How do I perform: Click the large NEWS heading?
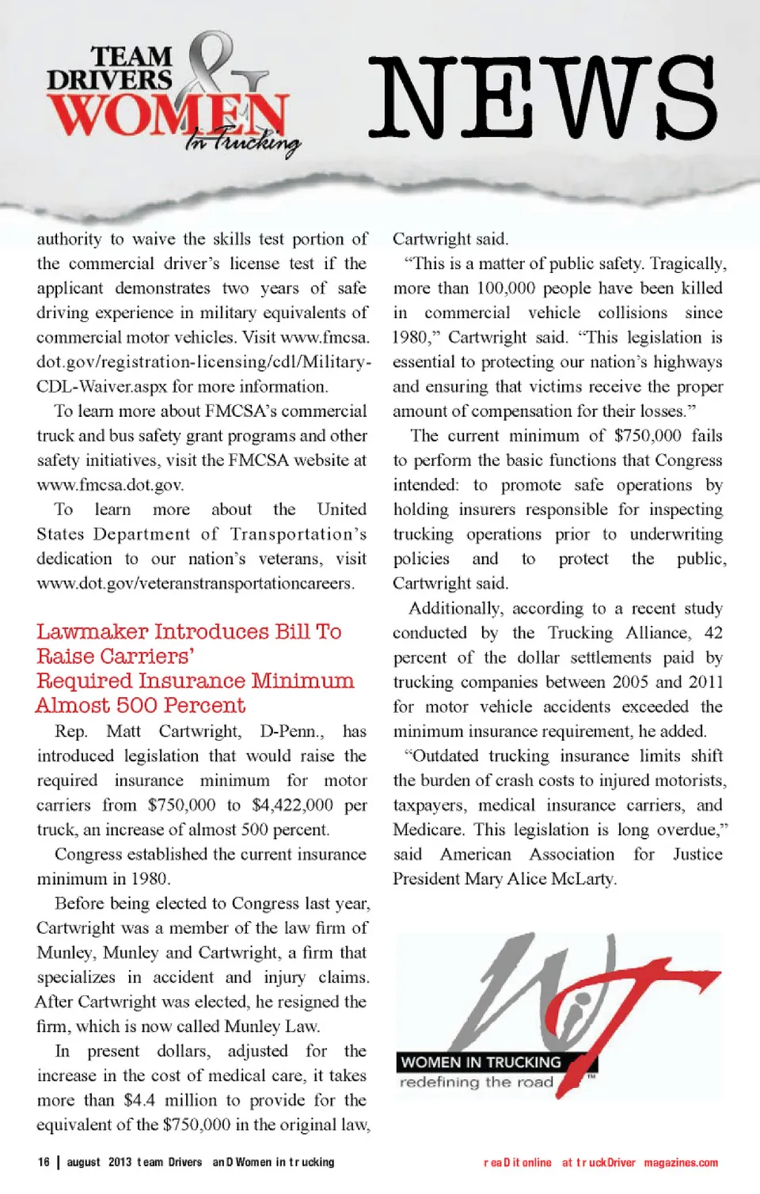(x=543, y=99)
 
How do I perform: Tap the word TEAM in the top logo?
(x=131, y=57)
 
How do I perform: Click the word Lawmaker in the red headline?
(x=93, y=631)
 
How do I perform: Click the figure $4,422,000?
(x=292, y=805)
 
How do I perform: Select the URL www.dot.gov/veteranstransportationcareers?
(x=195, y=583)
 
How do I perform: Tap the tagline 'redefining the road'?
(x=476, y=1082)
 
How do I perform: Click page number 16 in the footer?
(x=44, y=1162)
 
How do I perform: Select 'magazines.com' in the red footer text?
(x=681, y=1162)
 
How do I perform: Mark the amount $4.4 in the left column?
(x=139, y=1100)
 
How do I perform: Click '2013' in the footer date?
(x=120, y=1162)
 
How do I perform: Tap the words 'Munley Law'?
(x=272, y=1026)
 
